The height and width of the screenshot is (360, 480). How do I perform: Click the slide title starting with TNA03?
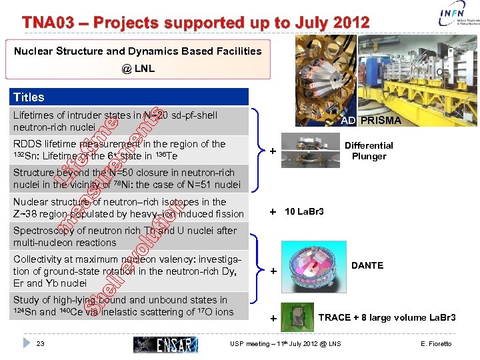[x=195, y=22]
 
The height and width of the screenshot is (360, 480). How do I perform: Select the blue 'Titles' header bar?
[x=131, y=97]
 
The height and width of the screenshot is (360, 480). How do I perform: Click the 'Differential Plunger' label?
[x=369, y=151]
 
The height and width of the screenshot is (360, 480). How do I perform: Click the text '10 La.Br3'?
[x=304, y=211]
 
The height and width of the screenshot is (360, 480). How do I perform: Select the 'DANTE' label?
[x=367, y=265]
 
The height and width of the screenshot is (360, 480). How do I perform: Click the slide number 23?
[x=41, y=344]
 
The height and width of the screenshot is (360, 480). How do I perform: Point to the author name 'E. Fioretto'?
[x=436, y=344]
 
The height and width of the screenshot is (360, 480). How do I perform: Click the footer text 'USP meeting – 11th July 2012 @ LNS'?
[x=285, y=344]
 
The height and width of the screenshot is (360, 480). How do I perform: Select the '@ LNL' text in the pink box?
[x=138, y=68]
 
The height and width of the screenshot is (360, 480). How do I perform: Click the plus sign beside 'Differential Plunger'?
[x=273, y=151]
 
